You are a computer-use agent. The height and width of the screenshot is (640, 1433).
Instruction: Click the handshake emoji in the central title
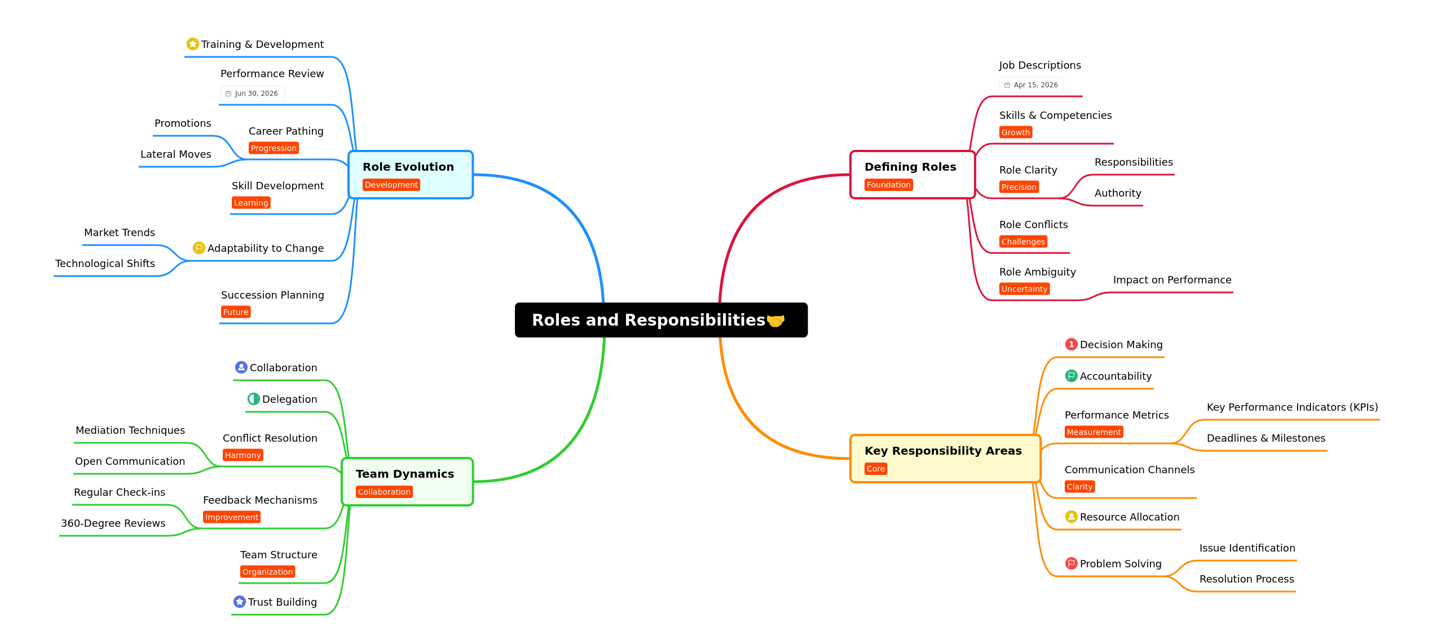(x=775, y=321)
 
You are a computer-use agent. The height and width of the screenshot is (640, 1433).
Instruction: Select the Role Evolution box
(x=411, y=175)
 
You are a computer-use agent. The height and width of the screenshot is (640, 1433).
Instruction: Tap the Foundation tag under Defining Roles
(x=888, y=185)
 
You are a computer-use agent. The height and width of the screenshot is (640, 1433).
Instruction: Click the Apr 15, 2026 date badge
(x=1031, y=85)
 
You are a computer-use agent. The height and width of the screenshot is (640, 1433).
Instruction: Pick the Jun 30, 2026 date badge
(x=252, y=94)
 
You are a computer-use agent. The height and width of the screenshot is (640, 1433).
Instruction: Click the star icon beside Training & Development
(x=192, y=44)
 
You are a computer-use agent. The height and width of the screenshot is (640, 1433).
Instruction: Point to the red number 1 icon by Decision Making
(x=1071, y=344)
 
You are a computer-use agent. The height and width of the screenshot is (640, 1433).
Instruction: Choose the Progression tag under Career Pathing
(x=274, y=148)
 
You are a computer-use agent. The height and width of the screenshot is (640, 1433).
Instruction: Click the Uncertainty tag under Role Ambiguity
(x=1024, y=289)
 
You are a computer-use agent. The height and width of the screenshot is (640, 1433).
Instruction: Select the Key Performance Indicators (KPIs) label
(x=1292, y=407)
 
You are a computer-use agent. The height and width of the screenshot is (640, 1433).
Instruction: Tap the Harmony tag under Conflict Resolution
(x=242, y=455)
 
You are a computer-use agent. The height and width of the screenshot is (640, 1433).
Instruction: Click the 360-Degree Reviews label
(x=113, y=523)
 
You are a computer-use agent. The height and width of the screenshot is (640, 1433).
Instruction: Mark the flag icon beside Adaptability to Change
(x=199, y=248)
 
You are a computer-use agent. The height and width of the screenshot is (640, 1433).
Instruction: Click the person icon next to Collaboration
(x=241, y=367)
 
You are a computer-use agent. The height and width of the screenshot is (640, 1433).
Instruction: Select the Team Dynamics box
(x=407, y=482)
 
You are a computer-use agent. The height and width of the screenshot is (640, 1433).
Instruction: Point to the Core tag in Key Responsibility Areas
(x=875, y=469)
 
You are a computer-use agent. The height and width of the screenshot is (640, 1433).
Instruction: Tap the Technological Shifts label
(x=105, y=264)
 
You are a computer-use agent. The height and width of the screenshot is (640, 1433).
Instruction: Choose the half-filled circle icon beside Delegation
(x=253, y=399)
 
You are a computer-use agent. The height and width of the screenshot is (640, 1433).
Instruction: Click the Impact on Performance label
(x=1172, y=280)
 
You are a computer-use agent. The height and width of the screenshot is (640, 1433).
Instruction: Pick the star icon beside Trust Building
(x=239, y=602)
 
